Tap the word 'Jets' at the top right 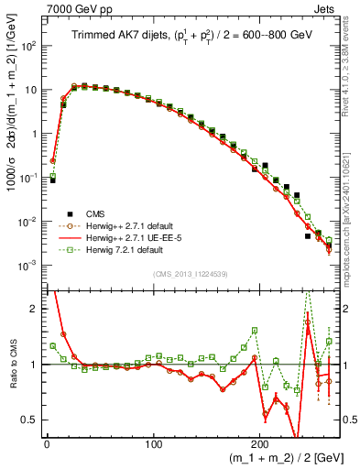click(327, 8)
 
